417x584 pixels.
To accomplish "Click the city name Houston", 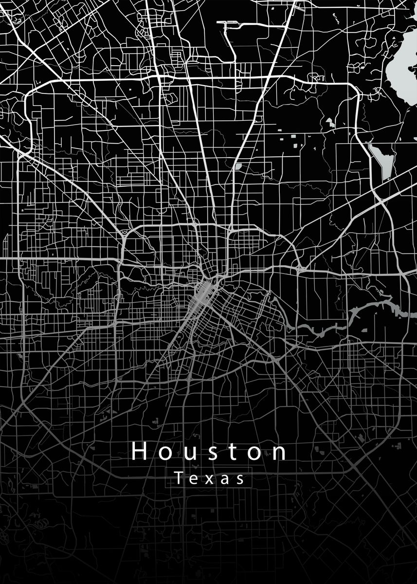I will (x=209, y=452).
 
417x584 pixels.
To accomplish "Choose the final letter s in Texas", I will (x=239, y=480).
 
